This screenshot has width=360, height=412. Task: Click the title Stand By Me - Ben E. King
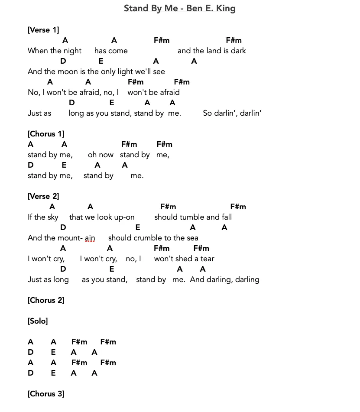click(179, 8)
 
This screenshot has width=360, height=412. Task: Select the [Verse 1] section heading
click(43, 30)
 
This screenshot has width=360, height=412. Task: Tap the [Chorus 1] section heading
click(46, 134)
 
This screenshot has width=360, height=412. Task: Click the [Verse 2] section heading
click(43, 196)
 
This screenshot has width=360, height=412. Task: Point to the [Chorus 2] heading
click(46, 300)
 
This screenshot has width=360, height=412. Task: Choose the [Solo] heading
click(38, 321)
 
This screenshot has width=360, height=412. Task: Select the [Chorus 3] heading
click(46, 394)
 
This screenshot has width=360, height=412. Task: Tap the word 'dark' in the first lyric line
click(238, 51)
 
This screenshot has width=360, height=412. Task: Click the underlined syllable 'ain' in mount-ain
click(90, 238)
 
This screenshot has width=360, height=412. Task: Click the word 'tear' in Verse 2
click(207, 259)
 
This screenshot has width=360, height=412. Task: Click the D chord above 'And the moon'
click(63, 61)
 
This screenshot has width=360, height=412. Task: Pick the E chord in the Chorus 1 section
click(64, 165)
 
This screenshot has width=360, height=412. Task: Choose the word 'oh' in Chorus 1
click(92, 155)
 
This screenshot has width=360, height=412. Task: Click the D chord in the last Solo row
click(30, 373)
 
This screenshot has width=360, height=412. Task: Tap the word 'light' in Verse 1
click(124, 71)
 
